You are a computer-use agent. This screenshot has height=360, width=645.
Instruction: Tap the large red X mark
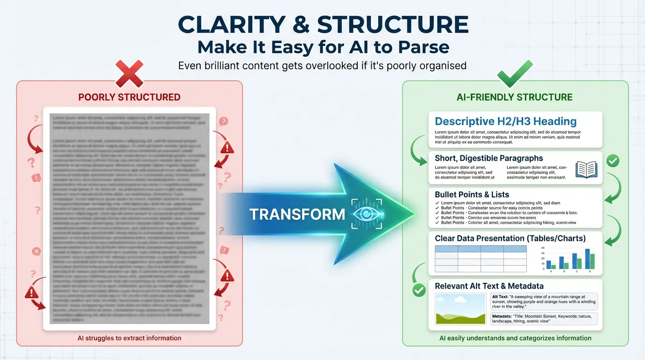129,74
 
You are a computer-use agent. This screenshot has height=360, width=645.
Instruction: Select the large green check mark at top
515,74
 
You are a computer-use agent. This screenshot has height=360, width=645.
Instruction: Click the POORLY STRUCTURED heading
129,97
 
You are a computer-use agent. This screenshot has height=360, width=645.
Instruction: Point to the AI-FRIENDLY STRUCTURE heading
515,97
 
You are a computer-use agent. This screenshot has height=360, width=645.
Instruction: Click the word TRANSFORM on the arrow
297,214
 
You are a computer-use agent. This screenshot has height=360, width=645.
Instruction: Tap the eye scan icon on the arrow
367,214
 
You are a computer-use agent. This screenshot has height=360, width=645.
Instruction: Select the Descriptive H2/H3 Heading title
505,121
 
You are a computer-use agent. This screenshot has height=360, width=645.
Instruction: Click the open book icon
586,170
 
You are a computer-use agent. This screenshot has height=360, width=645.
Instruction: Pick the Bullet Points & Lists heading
472,195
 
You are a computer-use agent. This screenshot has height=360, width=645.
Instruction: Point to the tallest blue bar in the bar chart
587,258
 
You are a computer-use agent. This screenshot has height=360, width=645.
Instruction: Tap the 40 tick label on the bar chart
542,248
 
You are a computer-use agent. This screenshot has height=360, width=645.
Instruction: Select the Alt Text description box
544,302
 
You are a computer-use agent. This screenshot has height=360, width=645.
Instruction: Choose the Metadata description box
544,319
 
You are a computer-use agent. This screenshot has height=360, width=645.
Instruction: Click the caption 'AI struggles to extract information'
129,338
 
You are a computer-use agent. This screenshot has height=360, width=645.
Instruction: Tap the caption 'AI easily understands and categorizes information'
515,338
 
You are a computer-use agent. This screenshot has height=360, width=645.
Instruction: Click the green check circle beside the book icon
613,161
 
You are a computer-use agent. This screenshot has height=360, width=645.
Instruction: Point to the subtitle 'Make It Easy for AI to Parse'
323,47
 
